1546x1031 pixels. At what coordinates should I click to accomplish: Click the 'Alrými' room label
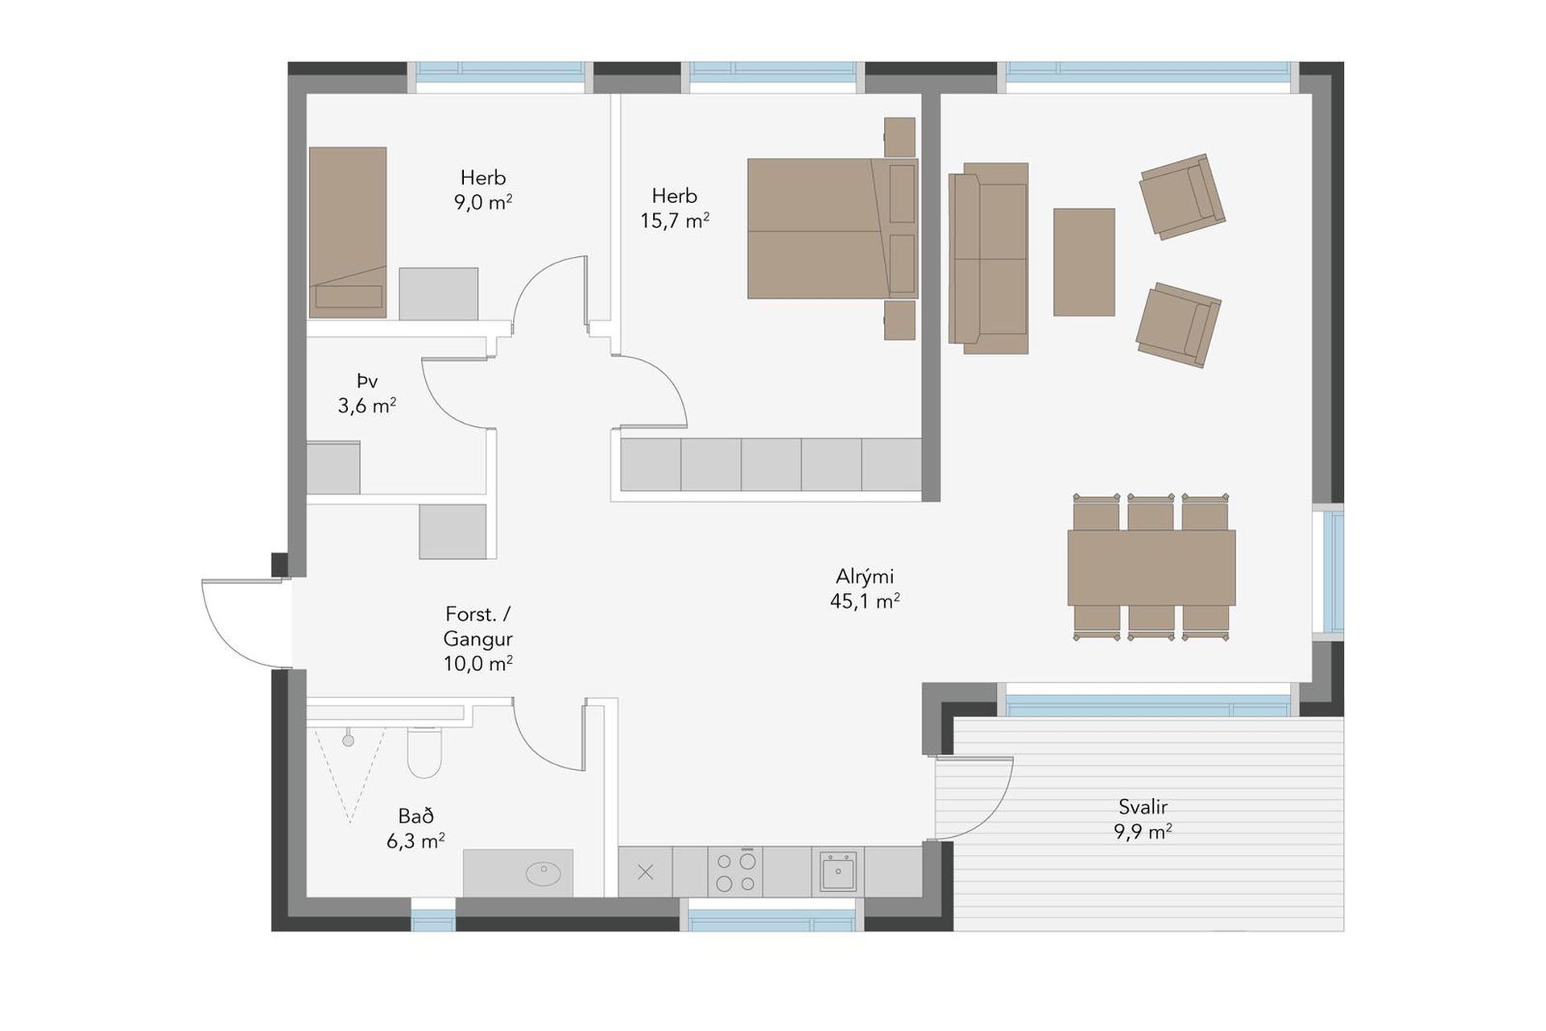pos(865,577)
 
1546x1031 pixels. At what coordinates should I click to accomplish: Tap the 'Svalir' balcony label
pos(1143,806)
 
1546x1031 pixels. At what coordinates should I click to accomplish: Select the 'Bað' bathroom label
pos(416,816)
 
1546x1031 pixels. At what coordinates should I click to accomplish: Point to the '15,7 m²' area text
pos(675,220)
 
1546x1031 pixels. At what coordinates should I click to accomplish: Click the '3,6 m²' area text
pos(367,405)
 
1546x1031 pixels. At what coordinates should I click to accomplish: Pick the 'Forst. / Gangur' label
pos(477,627)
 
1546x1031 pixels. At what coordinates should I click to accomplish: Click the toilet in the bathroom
pos(424,752)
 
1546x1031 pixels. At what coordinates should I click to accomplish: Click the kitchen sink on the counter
pos(838,872)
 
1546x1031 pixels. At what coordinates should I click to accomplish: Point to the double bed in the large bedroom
pos(833,229)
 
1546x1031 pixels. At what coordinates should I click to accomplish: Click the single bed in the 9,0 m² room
pos(348,232)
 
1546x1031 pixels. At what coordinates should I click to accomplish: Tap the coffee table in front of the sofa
pos(1085,262)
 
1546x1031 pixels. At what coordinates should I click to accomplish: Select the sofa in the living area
pos(989,259)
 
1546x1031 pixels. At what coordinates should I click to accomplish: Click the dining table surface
pos(1151,568)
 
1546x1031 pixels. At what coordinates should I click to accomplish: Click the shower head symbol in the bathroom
pos(349,740)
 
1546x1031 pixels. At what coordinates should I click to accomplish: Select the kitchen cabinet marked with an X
pos(645,872)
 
